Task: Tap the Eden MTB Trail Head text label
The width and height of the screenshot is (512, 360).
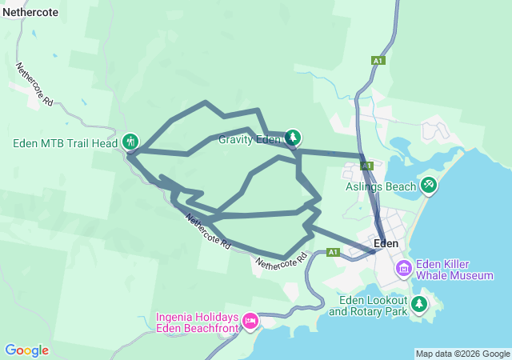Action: click(66, 144)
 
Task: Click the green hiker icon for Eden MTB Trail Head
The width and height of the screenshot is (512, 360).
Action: click(130, 142)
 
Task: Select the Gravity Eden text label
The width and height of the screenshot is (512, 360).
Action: click(250, 139)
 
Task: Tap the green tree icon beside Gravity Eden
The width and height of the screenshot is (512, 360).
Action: click(293, 138)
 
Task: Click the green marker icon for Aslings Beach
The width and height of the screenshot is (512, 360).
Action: click(429, 186)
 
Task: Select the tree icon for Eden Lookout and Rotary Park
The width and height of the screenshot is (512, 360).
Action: click(418, 304)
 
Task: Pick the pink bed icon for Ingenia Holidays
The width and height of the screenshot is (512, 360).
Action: click(250, 322)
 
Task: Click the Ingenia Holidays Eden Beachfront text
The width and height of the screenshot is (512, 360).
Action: click(196, 323)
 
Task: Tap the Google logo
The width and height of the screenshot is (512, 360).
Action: click(26, 350)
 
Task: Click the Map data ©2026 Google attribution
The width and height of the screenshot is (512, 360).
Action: click(462, 354)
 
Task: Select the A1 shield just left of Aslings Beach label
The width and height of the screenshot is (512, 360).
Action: click(366, 166)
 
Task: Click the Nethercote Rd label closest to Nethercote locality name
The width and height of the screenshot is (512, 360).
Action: click(34, 86)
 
